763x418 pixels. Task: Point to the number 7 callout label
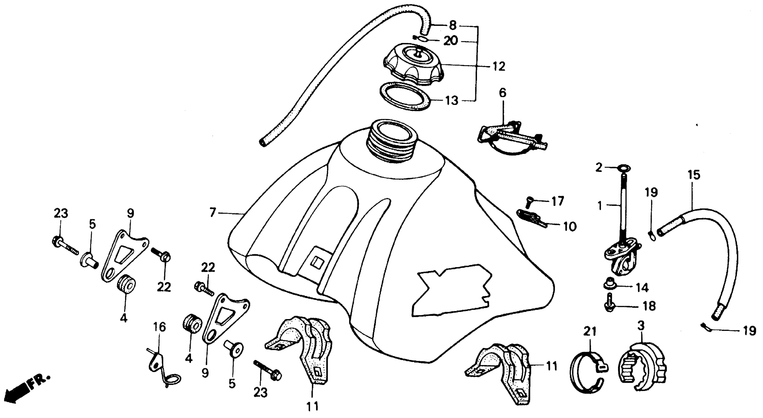pos(212,212)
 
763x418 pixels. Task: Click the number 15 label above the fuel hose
pos(694,175)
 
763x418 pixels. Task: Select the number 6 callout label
pos(503,93)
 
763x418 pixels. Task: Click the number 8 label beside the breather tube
pos(453,26)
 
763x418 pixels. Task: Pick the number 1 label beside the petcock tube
pos(600,205)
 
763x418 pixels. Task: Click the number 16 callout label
pos(159,328)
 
